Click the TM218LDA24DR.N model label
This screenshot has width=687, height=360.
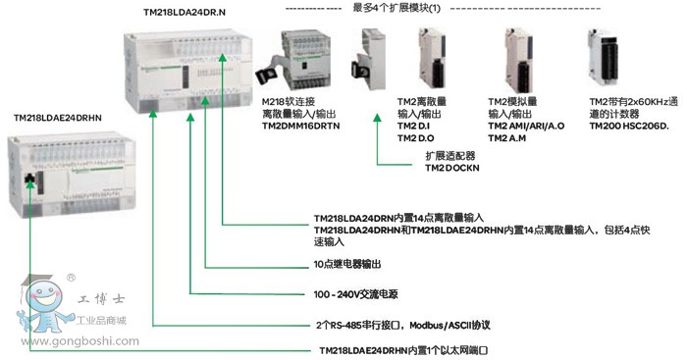point(185,13)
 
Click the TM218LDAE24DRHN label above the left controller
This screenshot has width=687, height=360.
point(57,118)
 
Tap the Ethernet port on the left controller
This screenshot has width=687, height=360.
point(29,179)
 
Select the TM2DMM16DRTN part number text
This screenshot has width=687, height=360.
point(300,127)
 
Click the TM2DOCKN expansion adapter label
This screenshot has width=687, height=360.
point(452,168)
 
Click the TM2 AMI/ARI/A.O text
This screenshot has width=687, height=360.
point(526,127)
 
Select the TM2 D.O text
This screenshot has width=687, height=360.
point(415,138)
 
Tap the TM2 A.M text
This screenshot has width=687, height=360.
point(507,138)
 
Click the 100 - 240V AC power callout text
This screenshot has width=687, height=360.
point(355,294)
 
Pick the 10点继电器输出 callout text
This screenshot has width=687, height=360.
point(347,264)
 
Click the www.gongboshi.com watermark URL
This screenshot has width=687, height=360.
point(79,341)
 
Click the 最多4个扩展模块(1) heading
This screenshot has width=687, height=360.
point(396,8)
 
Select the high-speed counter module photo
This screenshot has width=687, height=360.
point(604,58)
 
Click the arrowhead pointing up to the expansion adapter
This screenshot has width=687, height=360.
point(377,118)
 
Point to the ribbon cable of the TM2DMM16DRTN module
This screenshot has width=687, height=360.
point(268,72)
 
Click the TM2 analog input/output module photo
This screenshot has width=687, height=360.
point(519,60)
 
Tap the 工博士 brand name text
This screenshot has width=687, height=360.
point(101,299)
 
